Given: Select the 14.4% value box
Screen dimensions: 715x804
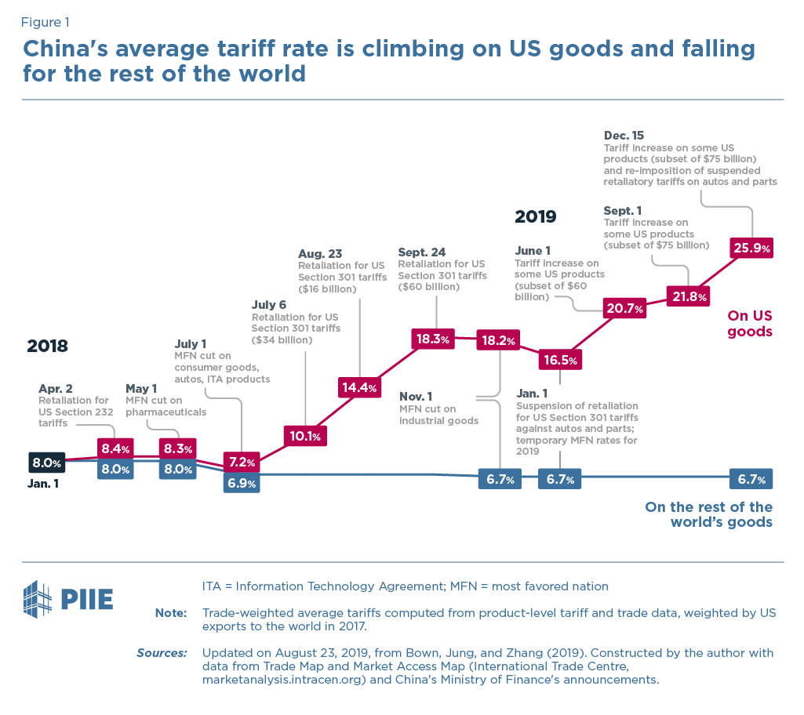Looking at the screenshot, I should (359, 387).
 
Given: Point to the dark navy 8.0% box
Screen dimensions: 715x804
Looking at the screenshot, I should (46, 463).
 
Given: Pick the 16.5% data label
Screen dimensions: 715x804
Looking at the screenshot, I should (560, 361).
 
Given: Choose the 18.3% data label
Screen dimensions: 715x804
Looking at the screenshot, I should (432, 339).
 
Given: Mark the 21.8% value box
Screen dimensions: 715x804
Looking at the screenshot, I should (689, 297).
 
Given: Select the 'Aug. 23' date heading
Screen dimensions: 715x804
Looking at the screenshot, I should (320, 254).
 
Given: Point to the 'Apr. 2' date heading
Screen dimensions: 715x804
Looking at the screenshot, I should (55, 389).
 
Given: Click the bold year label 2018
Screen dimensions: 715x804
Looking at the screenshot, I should (48, 347).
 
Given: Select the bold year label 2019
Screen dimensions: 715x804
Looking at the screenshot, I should (536, 216).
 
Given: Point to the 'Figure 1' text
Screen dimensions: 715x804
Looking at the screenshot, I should (50, 22).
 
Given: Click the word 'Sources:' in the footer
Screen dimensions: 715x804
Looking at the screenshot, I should (162, 652).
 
